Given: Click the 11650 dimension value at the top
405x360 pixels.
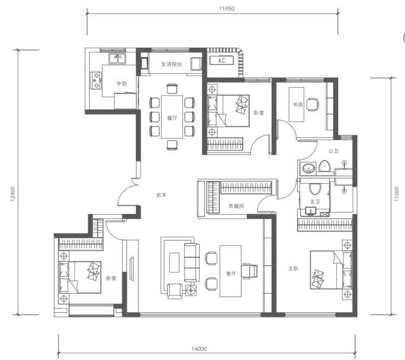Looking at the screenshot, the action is point(227,9).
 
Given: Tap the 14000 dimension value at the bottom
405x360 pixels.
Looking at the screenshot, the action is point(199,349).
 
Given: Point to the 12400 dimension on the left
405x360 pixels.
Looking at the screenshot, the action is point(13,194).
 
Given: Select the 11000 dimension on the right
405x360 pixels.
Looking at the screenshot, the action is point(397,194).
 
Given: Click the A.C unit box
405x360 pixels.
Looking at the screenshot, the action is point(221,60).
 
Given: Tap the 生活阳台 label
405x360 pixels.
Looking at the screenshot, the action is point(171,64).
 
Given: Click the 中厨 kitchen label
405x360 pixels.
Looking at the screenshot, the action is point(121,83).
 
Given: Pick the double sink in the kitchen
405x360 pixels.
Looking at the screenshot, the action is point(117,59).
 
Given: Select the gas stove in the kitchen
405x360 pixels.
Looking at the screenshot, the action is point(96,81).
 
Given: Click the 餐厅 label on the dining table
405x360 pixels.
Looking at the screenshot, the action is point(172,118).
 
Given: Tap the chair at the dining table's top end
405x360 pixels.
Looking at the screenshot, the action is point(172,88).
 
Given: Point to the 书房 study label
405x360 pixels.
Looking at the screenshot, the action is point(298,105).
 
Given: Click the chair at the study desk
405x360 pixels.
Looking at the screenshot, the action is point(313,105).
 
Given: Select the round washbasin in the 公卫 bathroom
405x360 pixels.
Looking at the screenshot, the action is point(308,168).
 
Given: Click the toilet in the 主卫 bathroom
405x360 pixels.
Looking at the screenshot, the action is point(315,189).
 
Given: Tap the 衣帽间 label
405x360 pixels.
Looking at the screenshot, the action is point(236,206).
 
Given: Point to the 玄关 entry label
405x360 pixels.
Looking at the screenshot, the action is point(161,195).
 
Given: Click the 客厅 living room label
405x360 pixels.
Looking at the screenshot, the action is point(231,273).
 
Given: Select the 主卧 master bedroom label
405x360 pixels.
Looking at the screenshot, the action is point(293,268).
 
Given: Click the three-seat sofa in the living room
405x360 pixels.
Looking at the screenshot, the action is point(192,262).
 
